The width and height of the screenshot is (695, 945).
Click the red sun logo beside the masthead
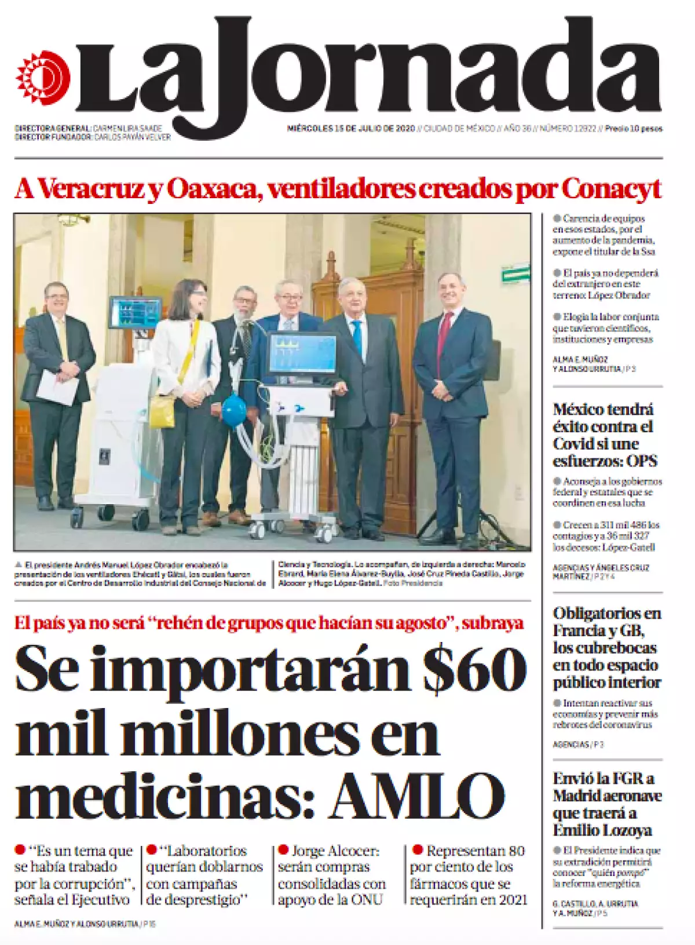pyautogui.click(x=43, y=78)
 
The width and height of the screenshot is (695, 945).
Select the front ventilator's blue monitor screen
pyautogui.click(x=302, y=354)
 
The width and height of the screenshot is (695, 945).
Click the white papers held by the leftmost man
pyautogui.click(x=57, y=387)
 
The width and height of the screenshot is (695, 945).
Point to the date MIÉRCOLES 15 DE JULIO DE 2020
pyautogui.click(x=351, y=129)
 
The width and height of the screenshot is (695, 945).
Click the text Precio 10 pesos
pyautogui.click(x=633, y=129)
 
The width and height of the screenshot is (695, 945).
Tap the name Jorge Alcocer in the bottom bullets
pyautogui.click(x=336, y=851)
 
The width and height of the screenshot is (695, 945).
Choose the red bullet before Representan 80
pyautogui.click(x=417, y=850)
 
